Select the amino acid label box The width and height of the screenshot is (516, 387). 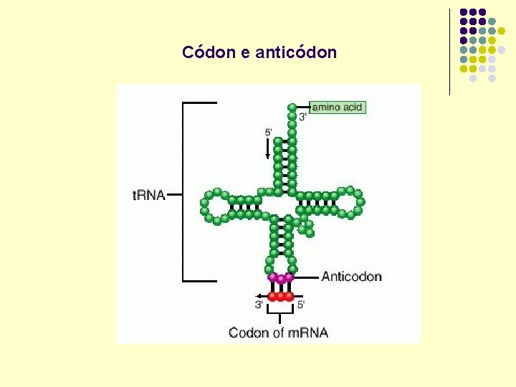point(338,107)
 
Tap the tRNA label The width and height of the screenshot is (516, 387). point(149,195)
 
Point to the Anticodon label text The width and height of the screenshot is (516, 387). point(351,277)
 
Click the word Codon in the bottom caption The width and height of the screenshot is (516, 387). point(247,333)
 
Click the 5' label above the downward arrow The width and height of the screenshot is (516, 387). point(269,132)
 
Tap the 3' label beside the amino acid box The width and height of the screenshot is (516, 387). point(303,117)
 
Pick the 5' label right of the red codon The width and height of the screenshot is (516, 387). point(301,305)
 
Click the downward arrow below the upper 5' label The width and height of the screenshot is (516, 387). point(268,149)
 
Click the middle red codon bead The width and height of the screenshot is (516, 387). point(281,296)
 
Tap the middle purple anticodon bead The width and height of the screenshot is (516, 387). point(281,278)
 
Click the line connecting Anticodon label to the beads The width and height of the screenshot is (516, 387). point(306,277)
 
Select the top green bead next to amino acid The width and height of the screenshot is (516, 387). point(292,107)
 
